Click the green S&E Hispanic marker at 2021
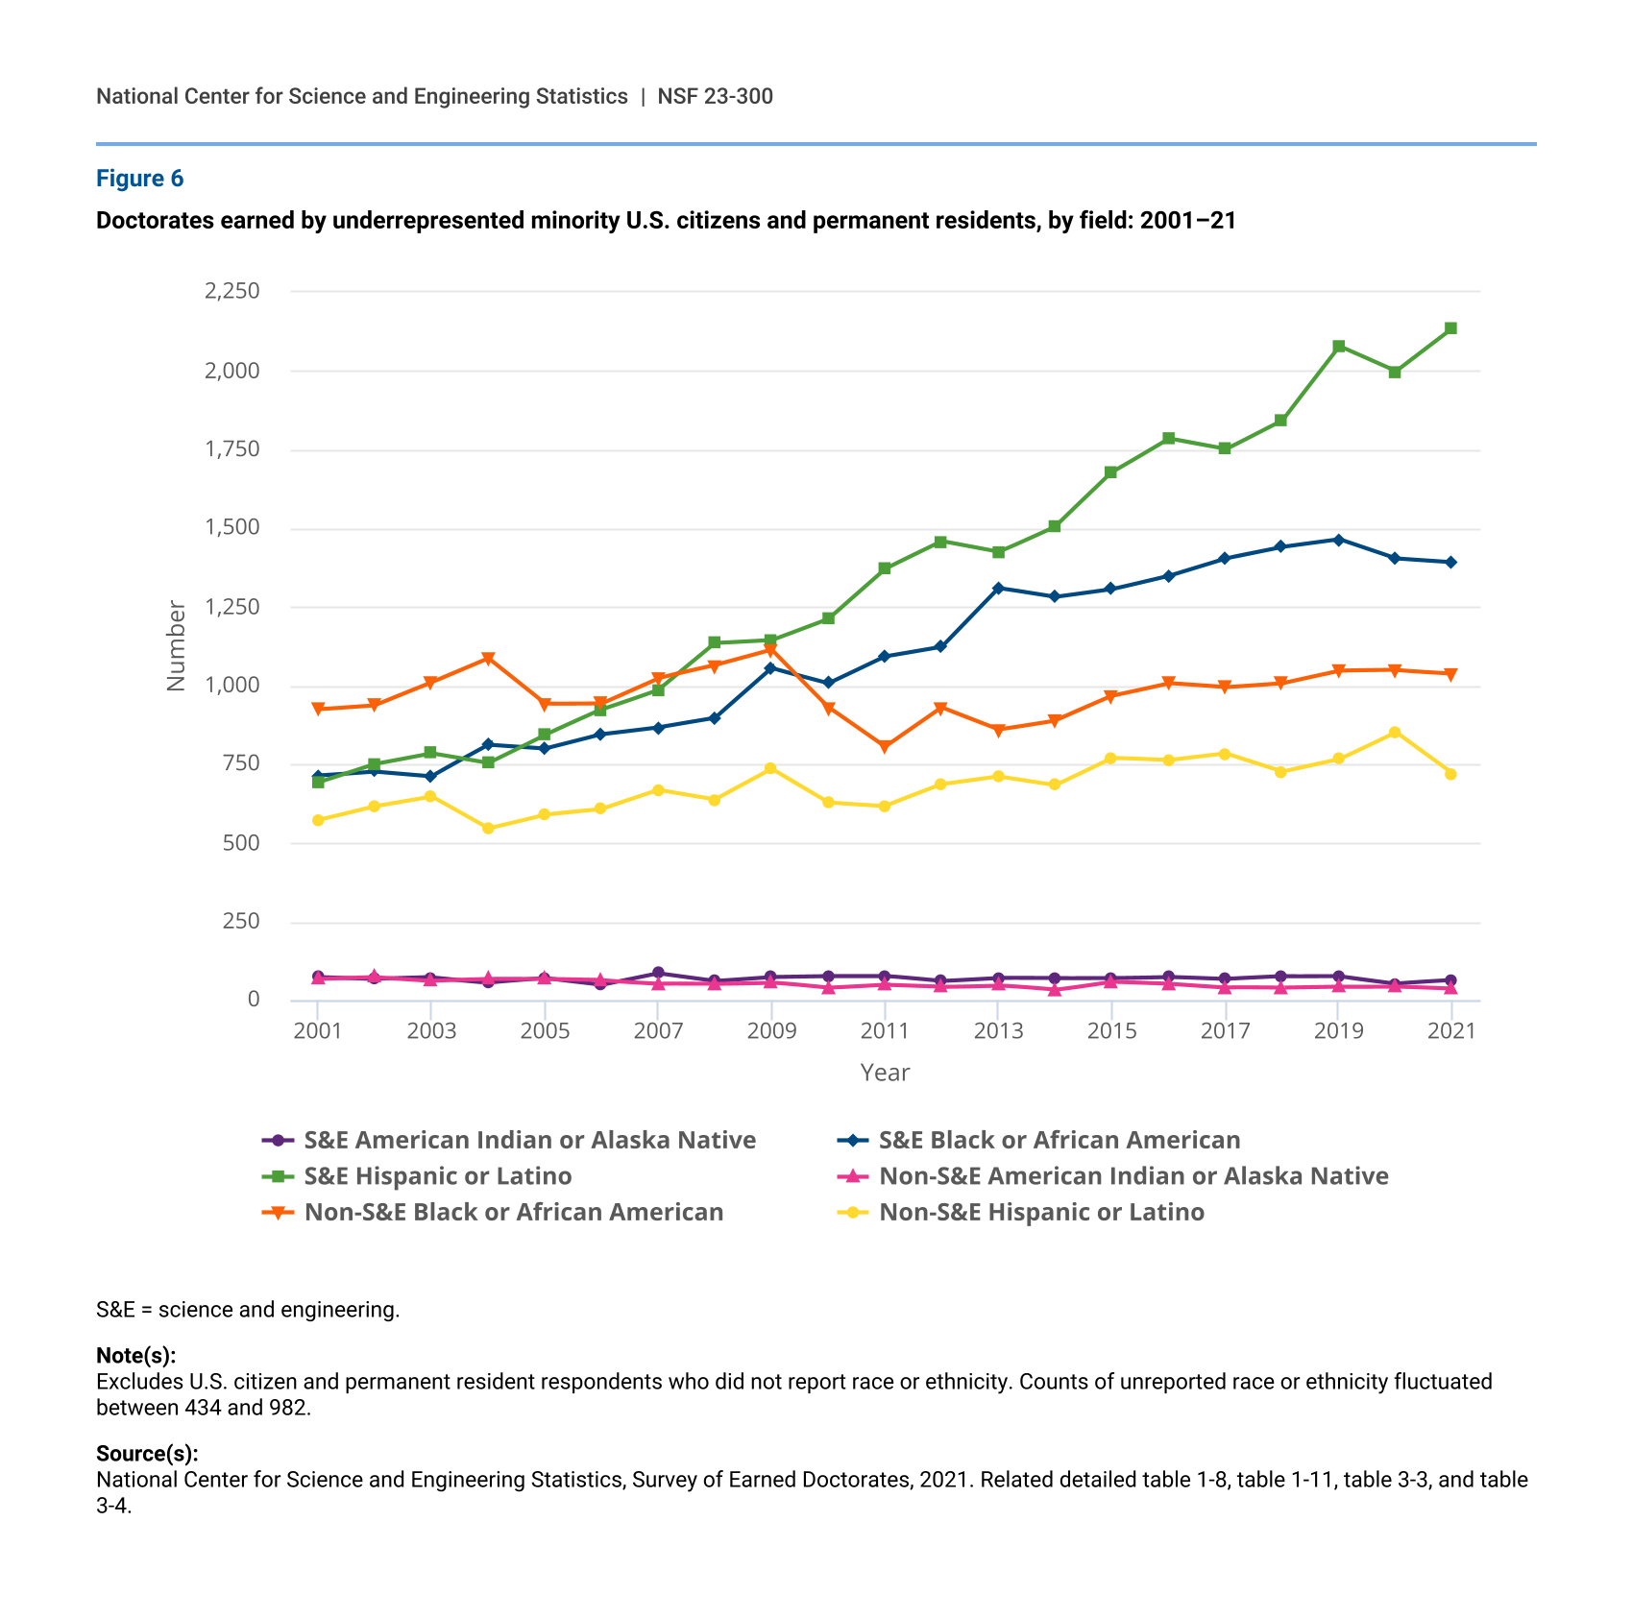coord(1450,328)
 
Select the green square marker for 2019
coord(1338,346)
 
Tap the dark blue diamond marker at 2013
coord(998,588)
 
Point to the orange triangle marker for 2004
coord(488,659)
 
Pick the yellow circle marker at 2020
coord(1395,733)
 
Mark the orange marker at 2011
coord(885,747)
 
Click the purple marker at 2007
coord(658,973)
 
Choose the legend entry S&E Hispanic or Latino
coord(416,1176)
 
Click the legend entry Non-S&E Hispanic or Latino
coord(1020,1212)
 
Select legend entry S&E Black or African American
coord(1038,1140)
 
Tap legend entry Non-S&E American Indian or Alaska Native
coord(1112,1176)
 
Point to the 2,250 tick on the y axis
coord(231,291)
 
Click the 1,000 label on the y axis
coord(231,686)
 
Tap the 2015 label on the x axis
coord(1111,1031)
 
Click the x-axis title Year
coord(885,1073)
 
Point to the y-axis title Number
coord(176,645)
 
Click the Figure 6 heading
coord(139,179)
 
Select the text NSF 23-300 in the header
coord(715,96)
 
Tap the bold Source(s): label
coord(147,1454)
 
